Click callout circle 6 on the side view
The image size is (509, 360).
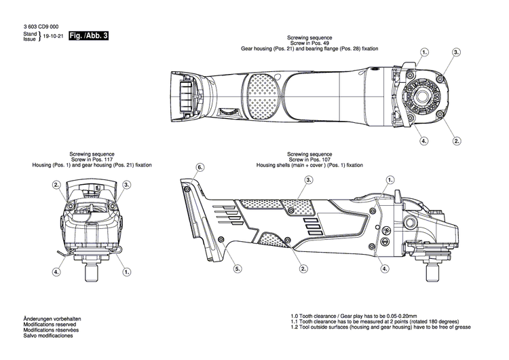[x=200, y=166]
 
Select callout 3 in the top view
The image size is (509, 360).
[x=456, y=52]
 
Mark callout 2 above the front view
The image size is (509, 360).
[x=57, y=185]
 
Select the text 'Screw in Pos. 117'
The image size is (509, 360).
[x=91, y=160]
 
